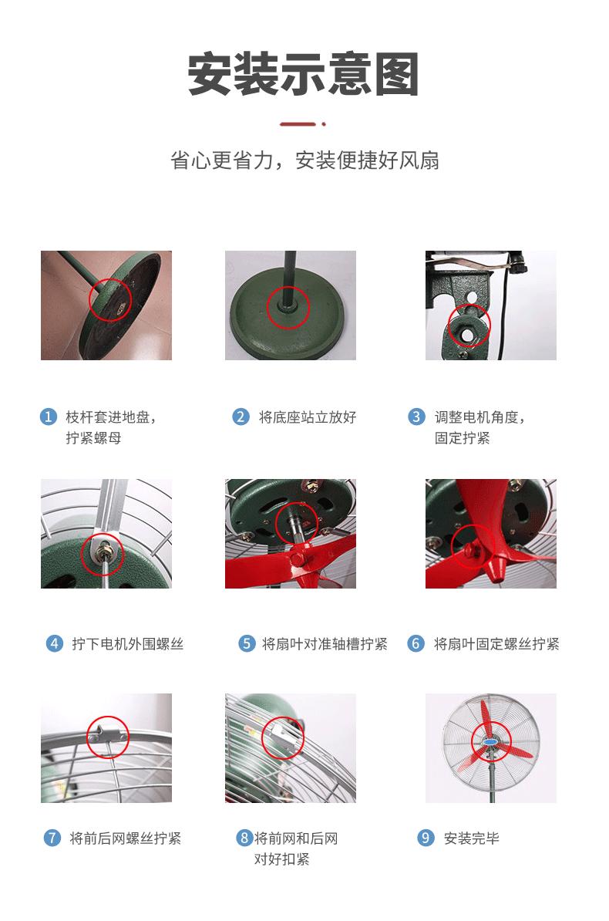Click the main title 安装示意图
[304, 75]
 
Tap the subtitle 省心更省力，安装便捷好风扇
[304, 160]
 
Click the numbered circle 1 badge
[49, 417]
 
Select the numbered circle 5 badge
[247, 643]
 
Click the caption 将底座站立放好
[308, 417]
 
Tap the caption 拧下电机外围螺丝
[128, 643]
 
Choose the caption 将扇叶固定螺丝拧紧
[496, 643]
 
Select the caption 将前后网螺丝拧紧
[126, 838]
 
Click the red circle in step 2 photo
[288, 308]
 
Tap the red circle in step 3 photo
[469, 326]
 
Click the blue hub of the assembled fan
[490, 742]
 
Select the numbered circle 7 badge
[52, 838]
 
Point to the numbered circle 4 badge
[55, 643]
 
